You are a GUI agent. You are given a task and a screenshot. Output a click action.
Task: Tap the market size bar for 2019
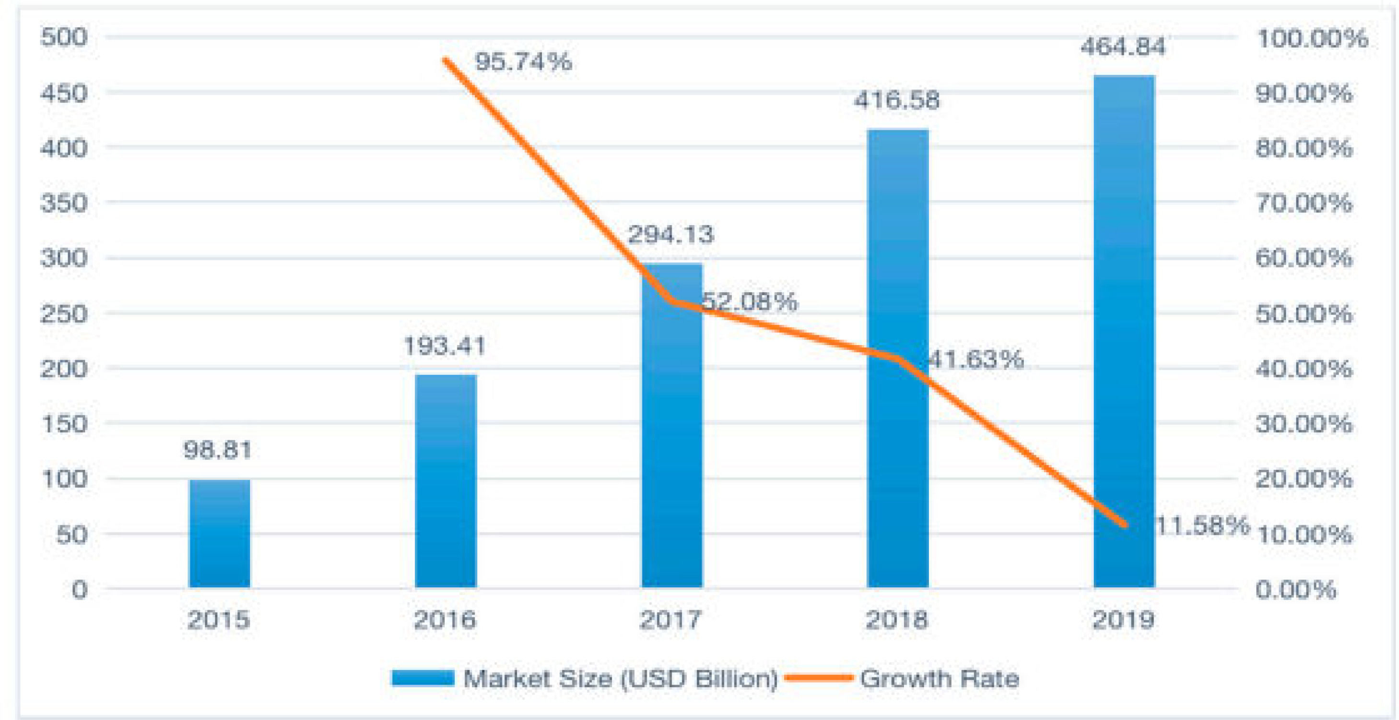(x=1124, y=332)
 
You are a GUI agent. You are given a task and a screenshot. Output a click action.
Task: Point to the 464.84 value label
(x=1123, y=47)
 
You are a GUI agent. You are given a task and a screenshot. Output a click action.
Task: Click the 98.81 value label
(x=218, y=450)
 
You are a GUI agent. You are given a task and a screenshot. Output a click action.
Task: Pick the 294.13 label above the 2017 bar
(x=670, y=235)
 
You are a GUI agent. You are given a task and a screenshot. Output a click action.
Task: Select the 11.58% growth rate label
(x=1202, y=526)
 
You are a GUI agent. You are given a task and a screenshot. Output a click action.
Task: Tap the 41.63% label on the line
(x=976, y=360)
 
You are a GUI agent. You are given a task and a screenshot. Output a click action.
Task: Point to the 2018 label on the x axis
(x=897, y=620)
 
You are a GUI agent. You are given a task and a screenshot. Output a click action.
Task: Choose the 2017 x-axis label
(x=670, y=620)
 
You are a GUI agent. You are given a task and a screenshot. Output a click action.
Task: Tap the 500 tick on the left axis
(x=64, y=37)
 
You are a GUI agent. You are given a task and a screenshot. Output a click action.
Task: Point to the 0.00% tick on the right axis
(x=1296, y=589)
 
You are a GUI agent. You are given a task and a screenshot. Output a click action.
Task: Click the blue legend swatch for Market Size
(x=423, y=678)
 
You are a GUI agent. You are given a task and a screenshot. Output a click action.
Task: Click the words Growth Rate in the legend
(x=940, y=679)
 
